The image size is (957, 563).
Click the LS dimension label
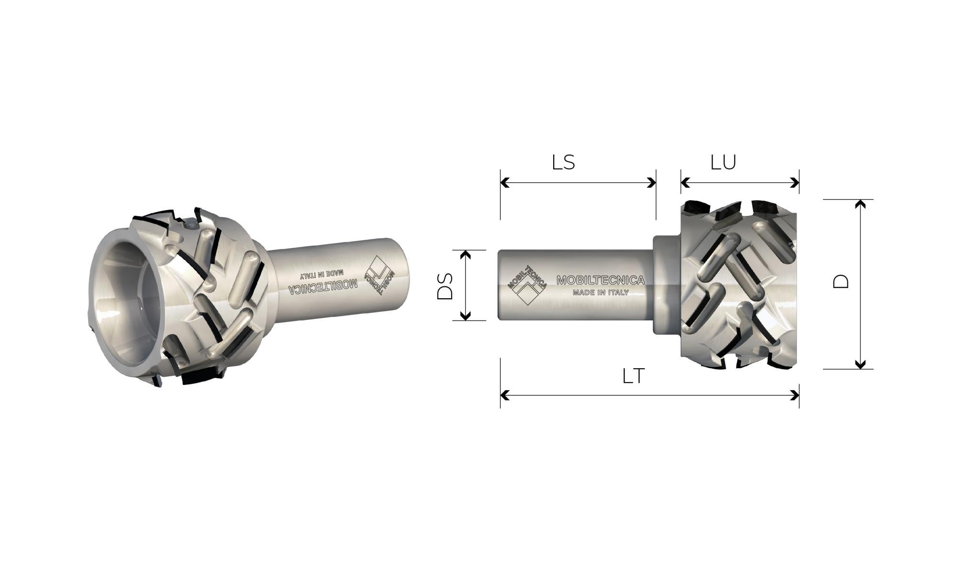(563, 162)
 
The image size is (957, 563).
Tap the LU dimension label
(723, 162)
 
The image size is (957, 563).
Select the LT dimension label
(634, 376)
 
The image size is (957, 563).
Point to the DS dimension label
(445, 286)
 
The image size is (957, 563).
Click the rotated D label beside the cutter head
(840, 281)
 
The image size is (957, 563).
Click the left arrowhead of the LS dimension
(505, 182)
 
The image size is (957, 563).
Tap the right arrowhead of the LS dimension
(651, 182)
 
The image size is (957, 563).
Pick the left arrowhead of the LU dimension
(686, 182)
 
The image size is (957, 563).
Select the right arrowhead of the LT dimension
(794, 395)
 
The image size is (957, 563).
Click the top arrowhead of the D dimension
(860, 205)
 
